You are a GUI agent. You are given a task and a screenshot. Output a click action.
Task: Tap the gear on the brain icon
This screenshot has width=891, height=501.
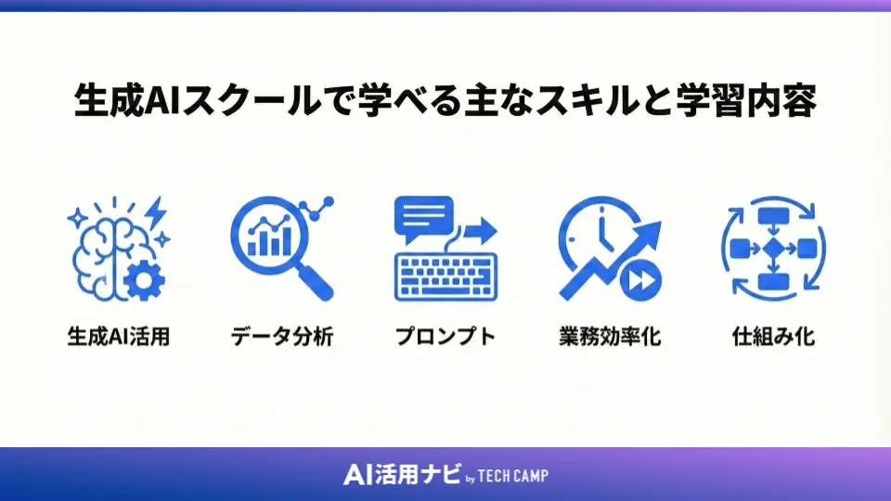click(x=142, y=279)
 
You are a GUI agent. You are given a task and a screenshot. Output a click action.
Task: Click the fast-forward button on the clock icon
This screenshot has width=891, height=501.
click(x=642, y=277)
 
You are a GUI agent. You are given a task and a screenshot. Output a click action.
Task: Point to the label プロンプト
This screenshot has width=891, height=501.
click(x=445, y=336)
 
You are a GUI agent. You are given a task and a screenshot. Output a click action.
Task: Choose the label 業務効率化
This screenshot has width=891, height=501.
click(x=610, y=336)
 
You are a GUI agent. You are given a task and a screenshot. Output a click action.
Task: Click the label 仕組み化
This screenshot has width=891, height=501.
click(x=773, y=336)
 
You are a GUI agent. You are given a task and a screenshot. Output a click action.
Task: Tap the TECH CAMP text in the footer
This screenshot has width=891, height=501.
click(x=515, y=476)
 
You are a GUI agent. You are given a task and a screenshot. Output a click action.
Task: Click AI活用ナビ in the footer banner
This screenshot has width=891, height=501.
click(x=401, y=475)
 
